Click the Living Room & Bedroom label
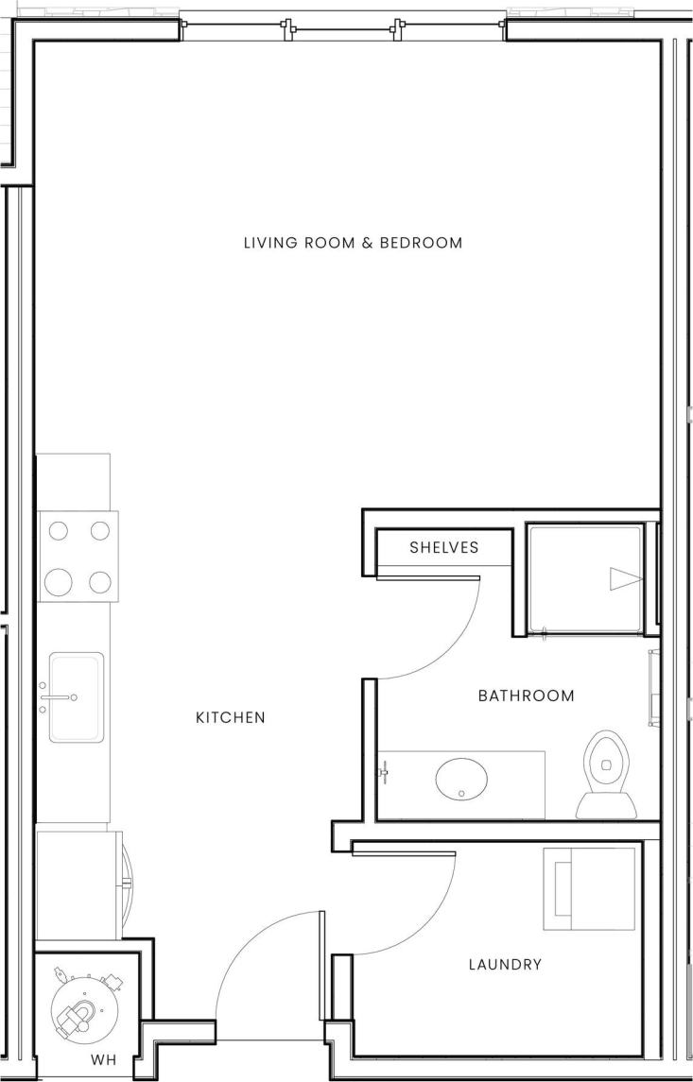tap(353, 243)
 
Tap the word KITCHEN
tap(230, 717)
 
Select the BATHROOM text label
tap(526, 696)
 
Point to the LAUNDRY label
tap(505, 965)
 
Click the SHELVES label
tap(443, 547)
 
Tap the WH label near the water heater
tap(104, 1060)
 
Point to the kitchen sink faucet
tap(57, 697)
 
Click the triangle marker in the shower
tap(624, 578)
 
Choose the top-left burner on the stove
tap(60, 531)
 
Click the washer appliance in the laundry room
tap(587, 889)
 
